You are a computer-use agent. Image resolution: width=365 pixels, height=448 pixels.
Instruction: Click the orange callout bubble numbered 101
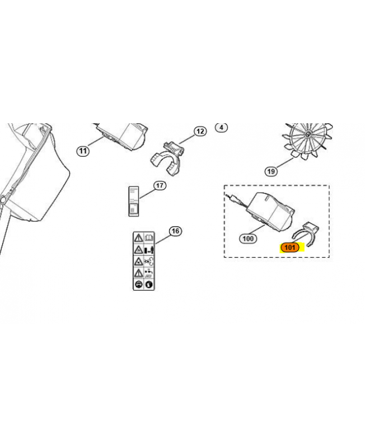pyautogui.click(x=289, y=247)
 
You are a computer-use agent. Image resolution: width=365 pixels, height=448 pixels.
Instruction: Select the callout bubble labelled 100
pyautogui.click(x=248, y=239)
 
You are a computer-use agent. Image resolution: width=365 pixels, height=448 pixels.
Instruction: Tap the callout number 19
pyautogui.click(x=271, y=171)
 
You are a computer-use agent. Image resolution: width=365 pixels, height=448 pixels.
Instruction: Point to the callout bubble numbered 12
pyautogui.click(x=200, y=131)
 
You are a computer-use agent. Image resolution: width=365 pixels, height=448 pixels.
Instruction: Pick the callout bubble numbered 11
pyautogui.click(x=83, y=151)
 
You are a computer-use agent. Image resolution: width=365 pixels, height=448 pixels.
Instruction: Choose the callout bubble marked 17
pyautogui.click(x=160, y=185)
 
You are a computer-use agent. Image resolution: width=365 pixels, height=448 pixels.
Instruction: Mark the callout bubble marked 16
pyautogui.click(x=175, y=231)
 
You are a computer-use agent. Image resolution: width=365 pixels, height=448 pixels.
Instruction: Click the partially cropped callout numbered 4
pyautogui.click(x=221, y=127)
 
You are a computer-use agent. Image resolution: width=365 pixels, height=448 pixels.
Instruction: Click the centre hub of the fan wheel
pyautogui.click(x=308, y=134)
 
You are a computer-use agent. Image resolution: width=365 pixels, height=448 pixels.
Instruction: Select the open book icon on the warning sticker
pyautogui.click(x=149, y=237)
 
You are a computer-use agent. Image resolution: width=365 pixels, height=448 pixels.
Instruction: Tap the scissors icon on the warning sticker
pyautogui.click(x=149, y=261)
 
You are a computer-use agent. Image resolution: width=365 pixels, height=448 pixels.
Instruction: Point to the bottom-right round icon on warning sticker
pyautogui.click(x=149, y=284)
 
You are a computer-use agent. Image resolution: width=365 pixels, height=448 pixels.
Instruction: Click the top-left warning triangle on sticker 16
pyautogui.click(x=138, y=237)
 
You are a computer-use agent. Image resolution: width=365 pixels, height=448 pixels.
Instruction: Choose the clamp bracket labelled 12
pyautogui.click(x=167, y=158)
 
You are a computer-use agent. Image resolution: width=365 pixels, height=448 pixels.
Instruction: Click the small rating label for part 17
pyautogui.click(x=133, y=201)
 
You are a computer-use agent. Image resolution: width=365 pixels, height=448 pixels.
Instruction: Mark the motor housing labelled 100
pyautogui.click(x=270, y=212)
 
